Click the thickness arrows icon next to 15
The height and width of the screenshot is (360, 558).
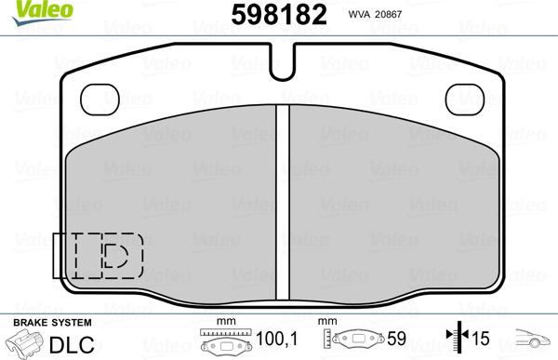[455, 341]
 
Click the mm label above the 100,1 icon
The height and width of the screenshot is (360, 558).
[222, 322]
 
